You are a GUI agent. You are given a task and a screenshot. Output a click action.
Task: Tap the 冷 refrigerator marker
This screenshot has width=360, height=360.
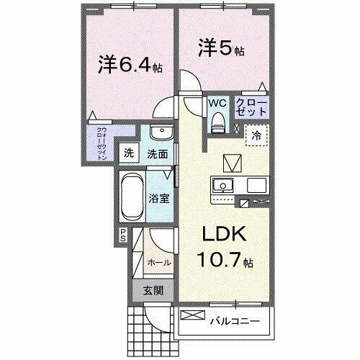[256, 134]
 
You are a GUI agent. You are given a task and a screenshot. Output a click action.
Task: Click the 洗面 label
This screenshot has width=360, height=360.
[158, 153]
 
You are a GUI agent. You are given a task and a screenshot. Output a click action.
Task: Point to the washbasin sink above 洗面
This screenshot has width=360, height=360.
[162, 134]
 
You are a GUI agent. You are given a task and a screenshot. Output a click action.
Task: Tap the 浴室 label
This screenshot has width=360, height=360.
[160, 198]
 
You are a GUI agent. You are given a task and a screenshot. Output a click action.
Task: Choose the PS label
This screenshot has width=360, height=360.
[122, 235]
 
